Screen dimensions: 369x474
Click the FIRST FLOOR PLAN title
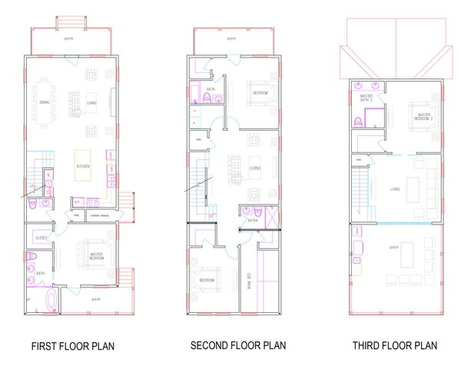coord(73,346)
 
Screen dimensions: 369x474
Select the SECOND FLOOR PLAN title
coord(238,345)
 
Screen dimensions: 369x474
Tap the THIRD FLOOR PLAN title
coord(394,345)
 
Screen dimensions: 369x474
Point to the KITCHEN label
coord(83,166)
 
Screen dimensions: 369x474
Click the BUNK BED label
coord(248,281)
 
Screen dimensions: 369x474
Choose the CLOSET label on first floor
coord(41,238)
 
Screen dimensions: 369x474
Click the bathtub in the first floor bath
coord(51,301)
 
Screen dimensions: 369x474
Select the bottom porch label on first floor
coord(96,299)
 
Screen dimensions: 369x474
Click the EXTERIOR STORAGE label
coord(98,216)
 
